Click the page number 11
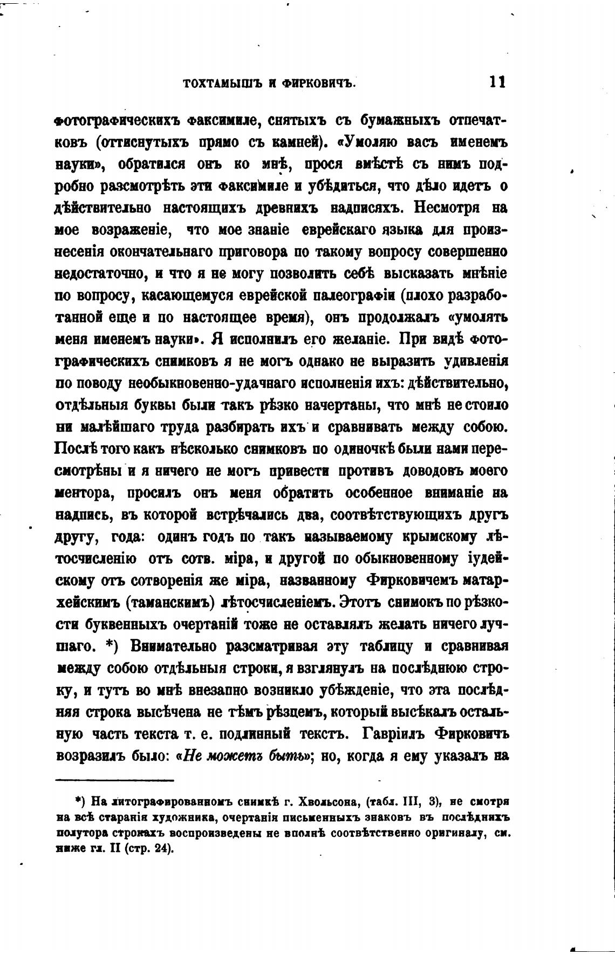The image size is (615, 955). coord(496,82)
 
